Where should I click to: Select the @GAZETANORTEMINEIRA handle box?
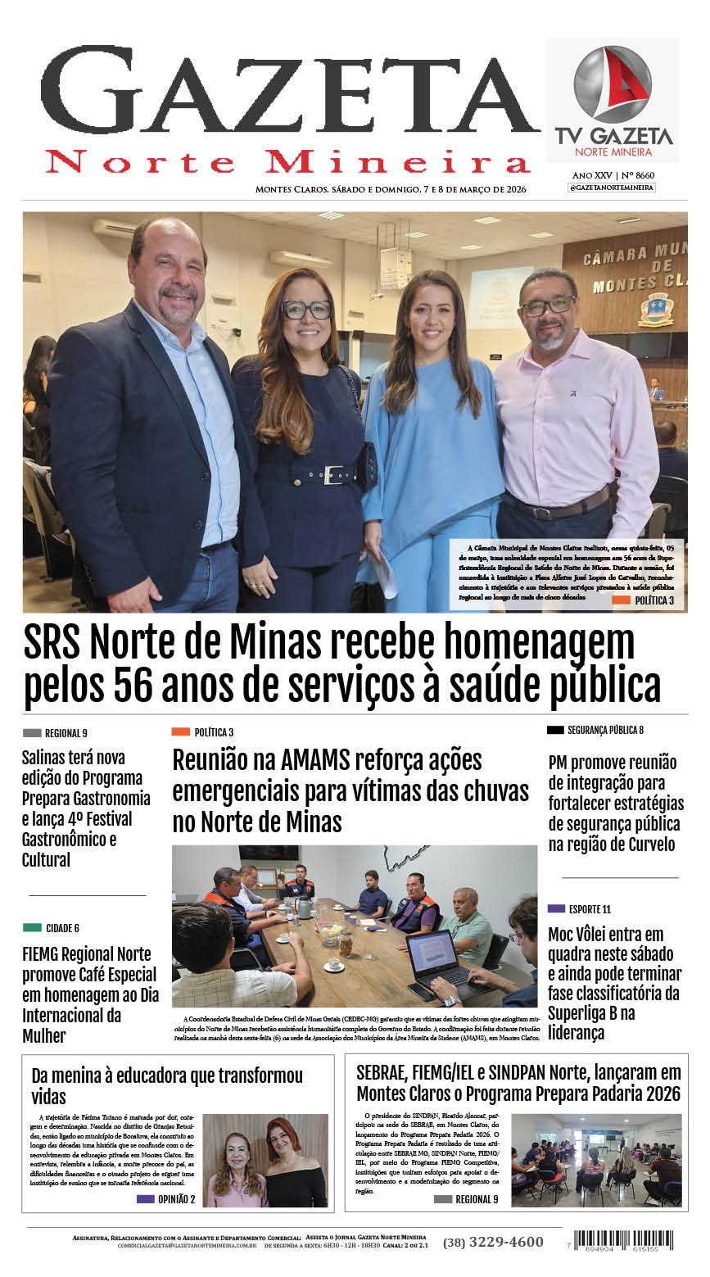pos(612,188)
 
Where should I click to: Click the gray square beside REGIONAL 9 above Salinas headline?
pos(32,733)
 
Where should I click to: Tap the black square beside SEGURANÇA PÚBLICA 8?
pos(555,729)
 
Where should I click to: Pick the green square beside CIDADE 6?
pos(32,928)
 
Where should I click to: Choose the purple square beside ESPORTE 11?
pos(556,908)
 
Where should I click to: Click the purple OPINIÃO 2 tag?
pos(145,1198)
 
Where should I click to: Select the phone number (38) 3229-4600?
pos(493,1242)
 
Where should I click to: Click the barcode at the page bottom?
pos(623,1239)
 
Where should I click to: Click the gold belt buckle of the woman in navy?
pos(332,475)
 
